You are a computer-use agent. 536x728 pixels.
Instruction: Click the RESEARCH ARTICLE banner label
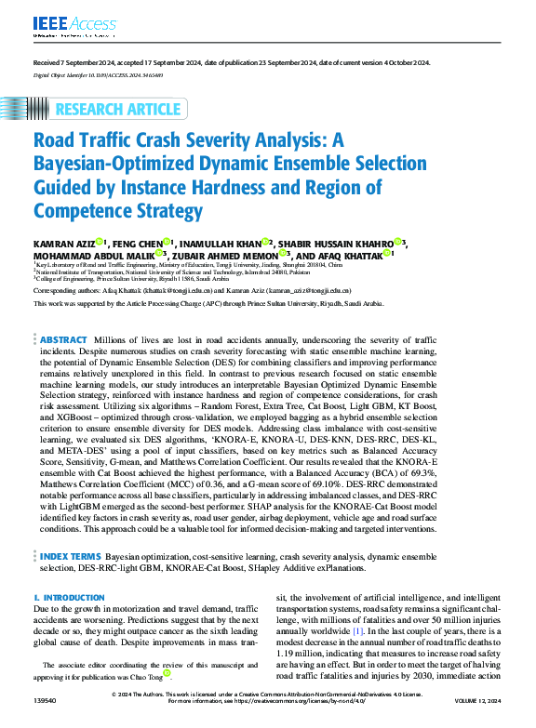tap(119, 110)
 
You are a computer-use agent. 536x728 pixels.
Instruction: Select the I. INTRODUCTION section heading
tap(62, 597)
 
